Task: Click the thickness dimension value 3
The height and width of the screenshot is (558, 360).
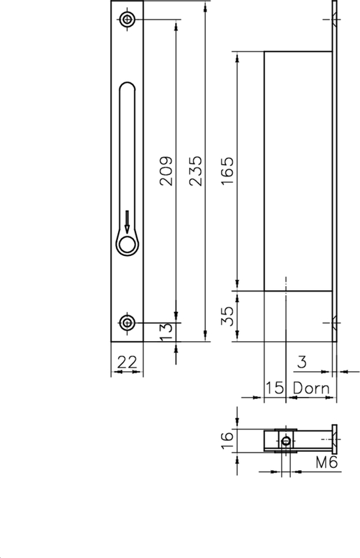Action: (x=301, y=361)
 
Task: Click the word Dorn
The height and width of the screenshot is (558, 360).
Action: (x=310, y=388)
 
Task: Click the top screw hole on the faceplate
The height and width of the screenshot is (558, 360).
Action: (x=126, y=20)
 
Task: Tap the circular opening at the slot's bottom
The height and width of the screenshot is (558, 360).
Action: (x=126, y=244)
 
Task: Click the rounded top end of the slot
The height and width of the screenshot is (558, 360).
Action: (x=126, y=87)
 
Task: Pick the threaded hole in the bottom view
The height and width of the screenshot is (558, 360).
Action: (x=285, y=441)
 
